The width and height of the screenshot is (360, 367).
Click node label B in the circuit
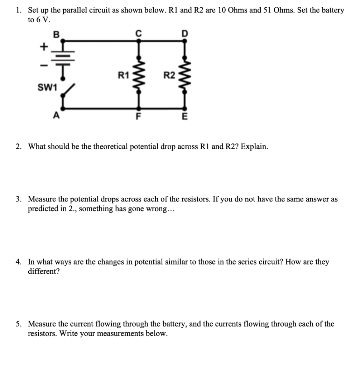56,34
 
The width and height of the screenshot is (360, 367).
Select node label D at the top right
184,34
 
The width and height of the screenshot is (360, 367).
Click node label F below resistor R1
138,116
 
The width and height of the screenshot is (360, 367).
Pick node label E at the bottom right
184,116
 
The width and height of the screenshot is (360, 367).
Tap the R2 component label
169,75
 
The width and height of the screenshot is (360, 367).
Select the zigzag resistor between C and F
138,75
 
